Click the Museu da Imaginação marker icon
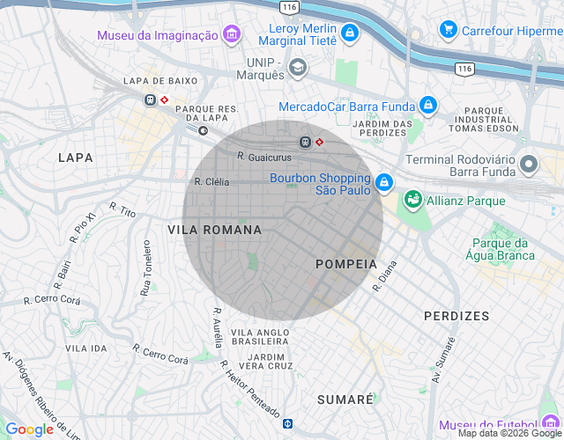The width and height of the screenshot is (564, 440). pyautogui.click(x=232, y=35)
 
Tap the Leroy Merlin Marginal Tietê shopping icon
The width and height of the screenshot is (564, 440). pyautogui.click(x=350, y=33)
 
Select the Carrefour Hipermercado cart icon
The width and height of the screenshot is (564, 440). pyautogui.click(x=449, y=30)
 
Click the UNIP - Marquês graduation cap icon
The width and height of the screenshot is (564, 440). pyautogui.click(x=298, y=68)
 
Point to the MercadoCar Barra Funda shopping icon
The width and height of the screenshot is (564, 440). pyautogui.click(x=428, y=106)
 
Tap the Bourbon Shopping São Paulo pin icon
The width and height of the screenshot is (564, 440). pyautogui.click(x=383, y=183)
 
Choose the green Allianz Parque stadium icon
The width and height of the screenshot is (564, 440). pyautogui.click(x=412, y=201)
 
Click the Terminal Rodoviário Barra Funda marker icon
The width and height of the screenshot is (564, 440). pyautogui.click(x=529, y=164)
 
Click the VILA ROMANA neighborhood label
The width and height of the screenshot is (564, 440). pyautogui.click(x=214, y=230)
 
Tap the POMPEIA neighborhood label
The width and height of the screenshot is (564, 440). pyautogui.click(x=345, y=264)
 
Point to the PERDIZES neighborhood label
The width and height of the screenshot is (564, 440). pyautogui.click(x=456, y=315)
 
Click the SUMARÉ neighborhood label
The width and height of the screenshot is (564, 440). pyautogui.click(x=345, y=400)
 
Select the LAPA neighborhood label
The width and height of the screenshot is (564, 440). pyautogui.click(x=75, y=158)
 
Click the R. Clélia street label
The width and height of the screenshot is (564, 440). pyautogui.click(x=211, y=181)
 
